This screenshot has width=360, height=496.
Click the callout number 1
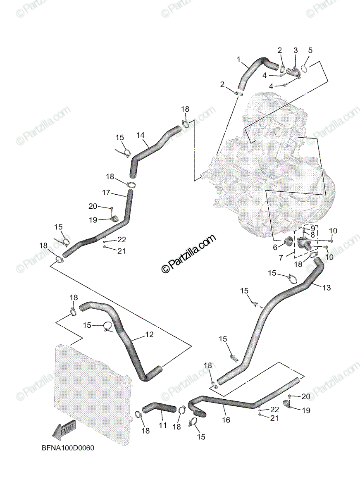(x=238, y=59)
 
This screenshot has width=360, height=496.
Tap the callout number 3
(x=295, y=50)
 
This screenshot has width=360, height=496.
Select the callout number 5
(x=310, y=50)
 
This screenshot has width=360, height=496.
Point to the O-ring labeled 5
(x=304, y=68)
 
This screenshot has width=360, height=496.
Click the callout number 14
(x=141, y=135)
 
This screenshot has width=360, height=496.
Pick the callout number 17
(x=106, y=192)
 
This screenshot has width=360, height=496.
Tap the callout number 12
(x=149, y=334)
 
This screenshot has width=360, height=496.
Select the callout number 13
(x=327, y=288)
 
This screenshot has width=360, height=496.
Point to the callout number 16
(x=226, y=420)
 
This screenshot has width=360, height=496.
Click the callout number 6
(x=275, y=247)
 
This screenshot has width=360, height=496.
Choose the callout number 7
(x=281, y=258)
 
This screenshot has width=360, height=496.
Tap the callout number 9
(x=313, y=228)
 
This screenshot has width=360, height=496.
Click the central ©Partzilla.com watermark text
(x=188, y=254)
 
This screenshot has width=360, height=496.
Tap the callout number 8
(x=313, y=234)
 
